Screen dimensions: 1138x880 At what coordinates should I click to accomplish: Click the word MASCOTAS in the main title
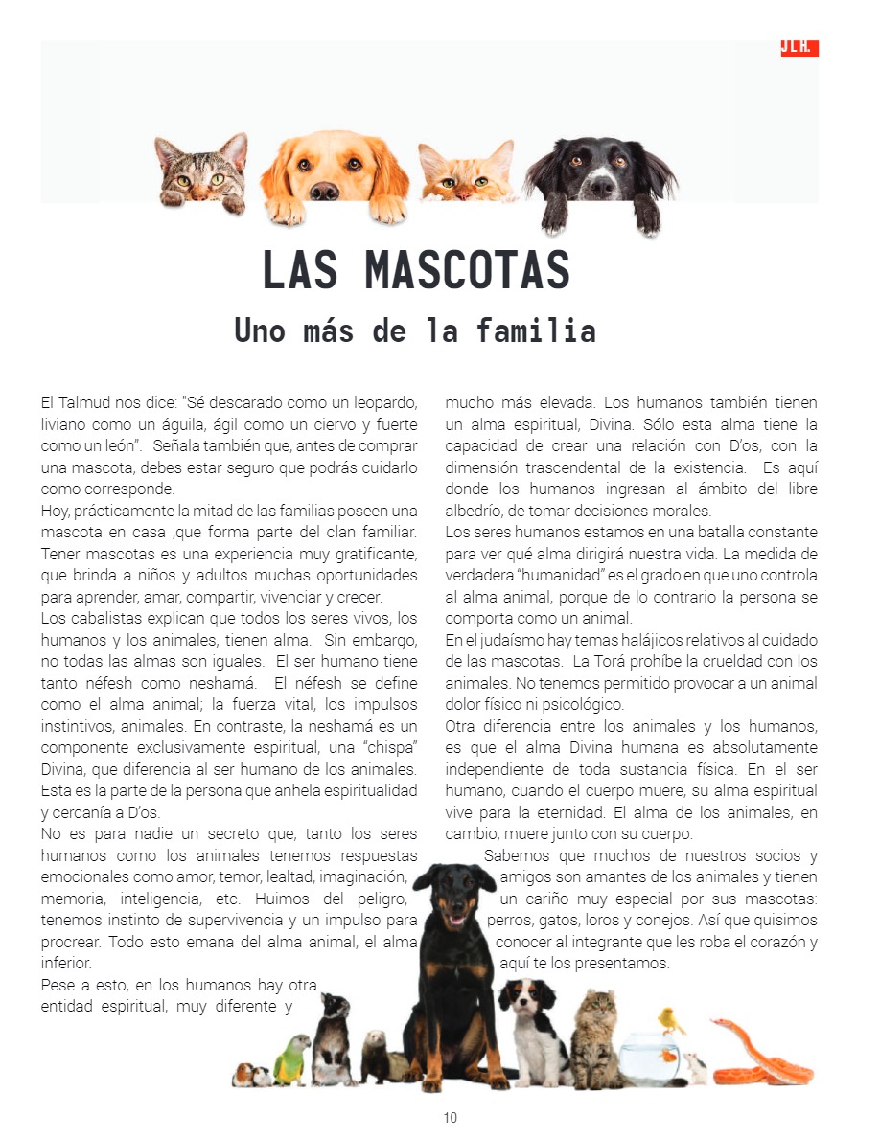(467, 270)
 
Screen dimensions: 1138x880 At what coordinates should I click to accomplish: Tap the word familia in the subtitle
(536, 331)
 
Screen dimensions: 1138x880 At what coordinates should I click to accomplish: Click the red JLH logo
(799, 48)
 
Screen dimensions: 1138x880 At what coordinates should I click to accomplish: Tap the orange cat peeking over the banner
(466, 172)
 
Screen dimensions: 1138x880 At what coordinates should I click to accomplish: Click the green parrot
(291, 1058)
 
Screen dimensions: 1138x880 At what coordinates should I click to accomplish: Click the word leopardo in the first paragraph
(386, 402)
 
